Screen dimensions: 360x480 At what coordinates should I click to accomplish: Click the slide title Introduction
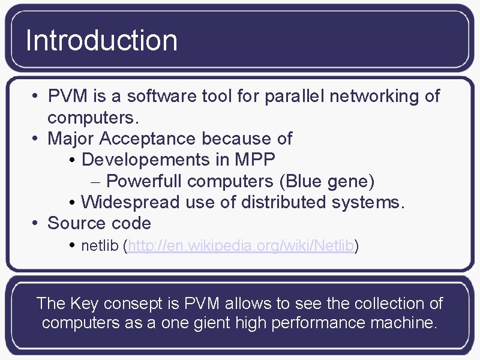click(101, 41)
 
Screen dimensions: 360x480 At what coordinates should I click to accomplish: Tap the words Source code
click(99, 223)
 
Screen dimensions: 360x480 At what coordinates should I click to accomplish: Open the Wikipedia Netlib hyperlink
click(240, 245)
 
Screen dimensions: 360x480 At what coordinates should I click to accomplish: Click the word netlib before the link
click(100, 245)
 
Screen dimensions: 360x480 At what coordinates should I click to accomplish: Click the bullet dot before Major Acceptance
click(37, 139)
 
